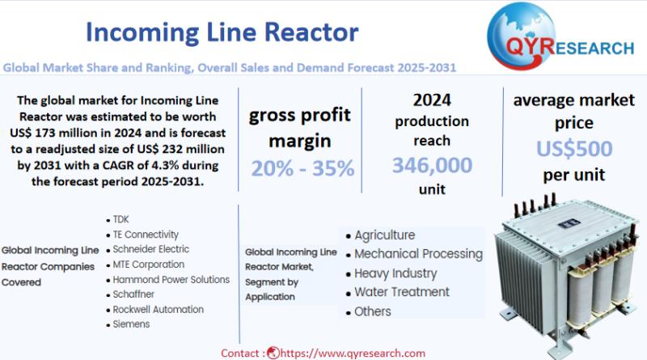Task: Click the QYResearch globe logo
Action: tap(521, 36)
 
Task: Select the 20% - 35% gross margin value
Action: tap(302, 168)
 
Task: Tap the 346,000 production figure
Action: tap(432, 165)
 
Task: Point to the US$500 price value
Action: tap(574, 149)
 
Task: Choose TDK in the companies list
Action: tap(121, 219)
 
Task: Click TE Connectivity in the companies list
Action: tap(146, 235)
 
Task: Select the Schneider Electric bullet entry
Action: tap(151, 249)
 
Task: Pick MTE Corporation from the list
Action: tap(149, 265)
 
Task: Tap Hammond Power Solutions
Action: tap(171, 279)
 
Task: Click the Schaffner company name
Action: tap(133, 294)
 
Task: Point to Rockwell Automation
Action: tap(158, 309)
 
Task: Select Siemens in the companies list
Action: tap(131, 324)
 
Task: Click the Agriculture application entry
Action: tap(385, 235)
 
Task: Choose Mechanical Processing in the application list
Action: tap(418, 254)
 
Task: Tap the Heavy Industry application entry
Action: tap(395, 273)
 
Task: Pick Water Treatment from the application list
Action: tap(402, 292)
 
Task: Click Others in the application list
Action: tap(373, 311)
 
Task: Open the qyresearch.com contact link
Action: tap(353, 354)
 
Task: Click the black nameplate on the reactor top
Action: tap(569, 223)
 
